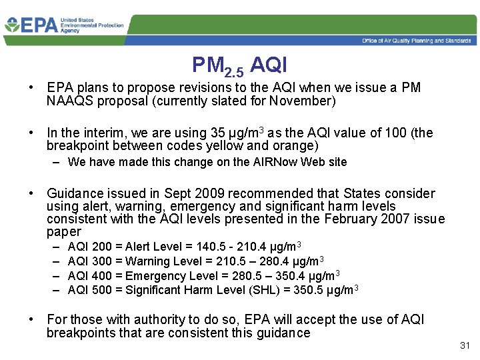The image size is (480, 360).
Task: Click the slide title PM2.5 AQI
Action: (x=239, y=66)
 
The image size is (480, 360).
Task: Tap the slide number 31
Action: (x=465, y=345)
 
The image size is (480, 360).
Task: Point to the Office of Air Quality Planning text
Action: (x=417, y=41)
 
